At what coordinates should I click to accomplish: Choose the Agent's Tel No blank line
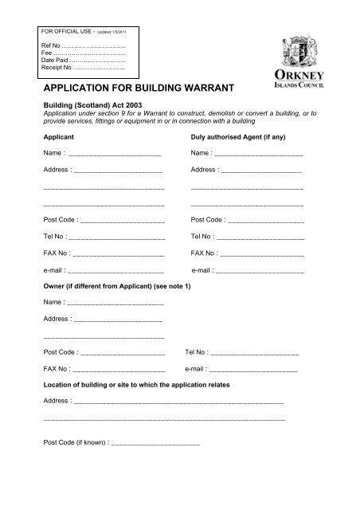(260, 237)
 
